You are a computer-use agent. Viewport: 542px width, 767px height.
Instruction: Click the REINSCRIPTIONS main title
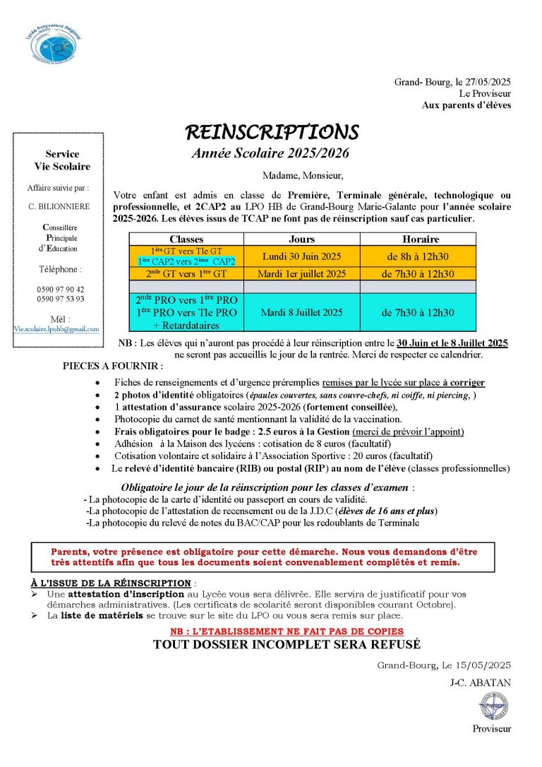tap(272, 132)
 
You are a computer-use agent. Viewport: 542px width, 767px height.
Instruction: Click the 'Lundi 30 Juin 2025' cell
tap(301, 256)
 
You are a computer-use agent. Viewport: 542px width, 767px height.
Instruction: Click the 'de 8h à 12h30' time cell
tap(418, 256)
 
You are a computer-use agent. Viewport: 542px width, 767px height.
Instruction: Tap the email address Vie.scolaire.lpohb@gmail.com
tap(56, 329)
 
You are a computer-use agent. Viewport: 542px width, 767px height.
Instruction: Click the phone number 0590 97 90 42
tap(61, 289)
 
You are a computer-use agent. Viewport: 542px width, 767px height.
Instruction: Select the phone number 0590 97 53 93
tap(61, 299)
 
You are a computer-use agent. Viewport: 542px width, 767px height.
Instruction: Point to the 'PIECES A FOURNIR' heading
tap(113, 367)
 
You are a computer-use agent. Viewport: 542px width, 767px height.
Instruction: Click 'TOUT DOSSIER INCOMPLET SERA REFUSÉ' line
tap(287, 644)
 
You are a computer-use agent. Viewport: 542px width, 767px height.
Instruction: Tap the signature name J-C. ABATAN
tap(480, 682)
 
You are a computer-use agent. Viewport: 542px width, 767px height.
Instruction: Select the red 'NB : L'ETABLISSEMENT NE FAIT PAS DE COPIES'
tap(287, 631)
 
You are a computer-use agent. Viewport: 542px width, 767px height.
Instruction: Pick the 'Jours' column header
tap(301, 239)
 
